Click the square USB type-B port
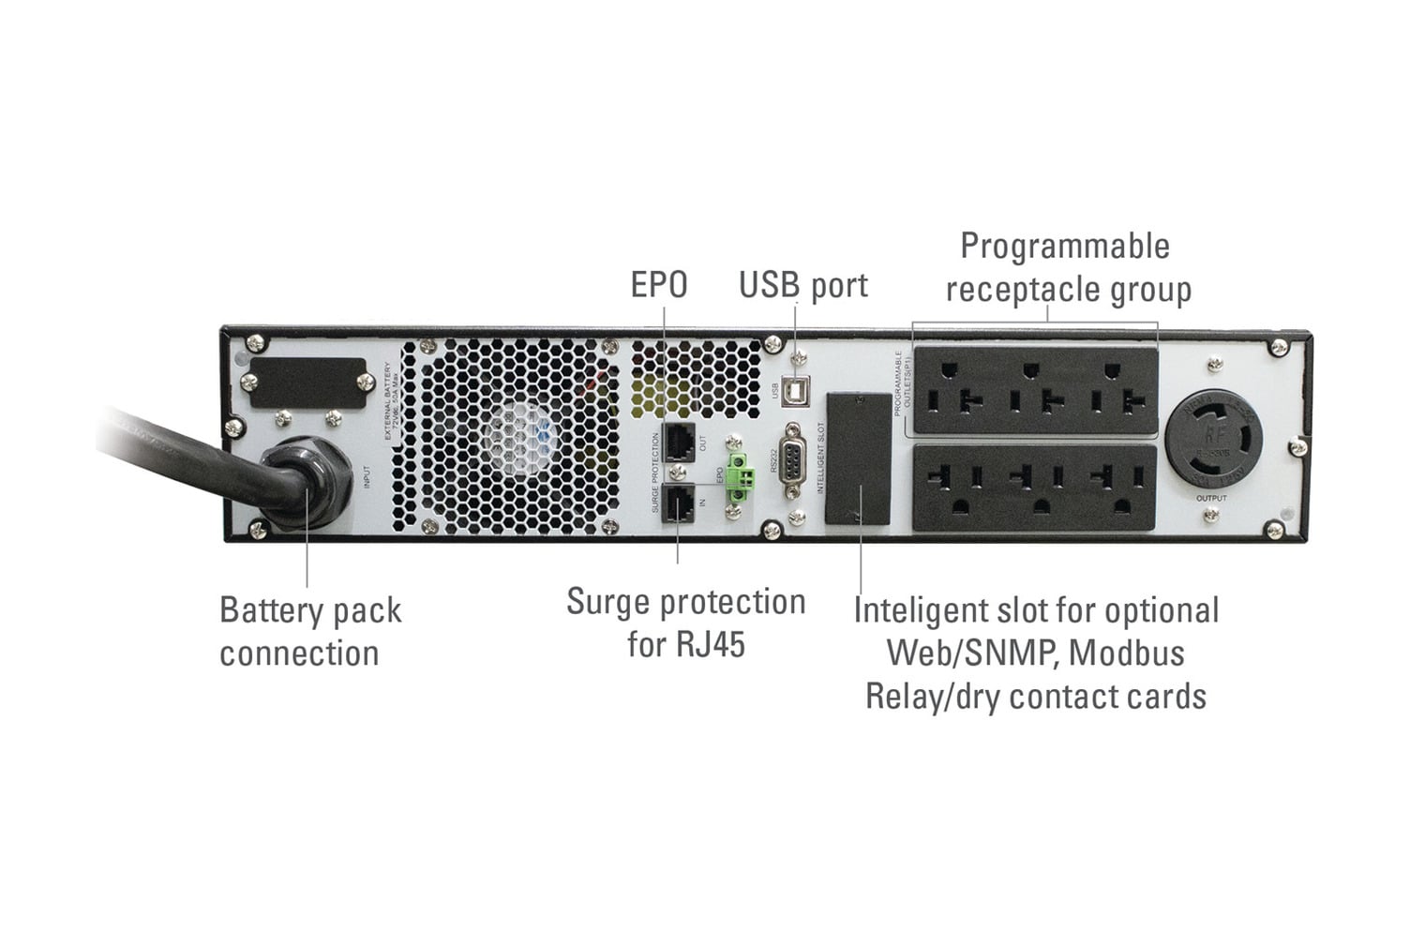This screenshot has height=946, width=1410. pyautogui.click(x=797, y=389)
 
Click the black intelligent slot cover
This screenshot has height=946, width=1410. pyautogui.click(x=858, y=458)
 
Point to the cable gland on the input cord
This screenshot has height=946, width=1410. pyautogui.click(x=302, y=485)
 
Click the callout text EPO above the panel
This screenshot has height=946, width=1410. pyautogui.click(x=658, y=285)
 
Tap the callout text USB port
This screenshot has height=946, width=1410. pyautogui.click(x=802, y=285)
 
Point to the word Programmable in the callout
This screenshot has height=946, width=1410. pyautogui.click(x=1065, y=247)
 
